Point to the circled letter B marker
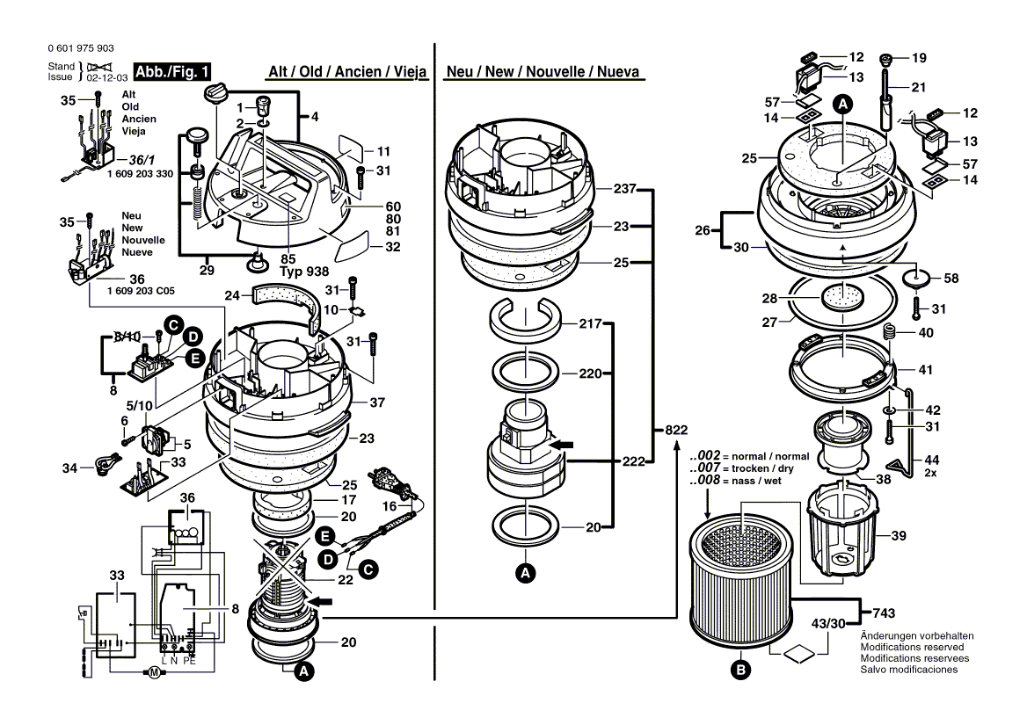click(740, 671)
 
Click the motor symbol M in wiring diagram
click(152, 674)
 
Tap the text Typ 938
click(303, 272)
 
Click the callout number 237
click(623, 189)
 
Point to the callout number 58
click(951, 278)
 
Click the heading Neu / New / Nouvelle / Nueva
click(543, 72)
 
